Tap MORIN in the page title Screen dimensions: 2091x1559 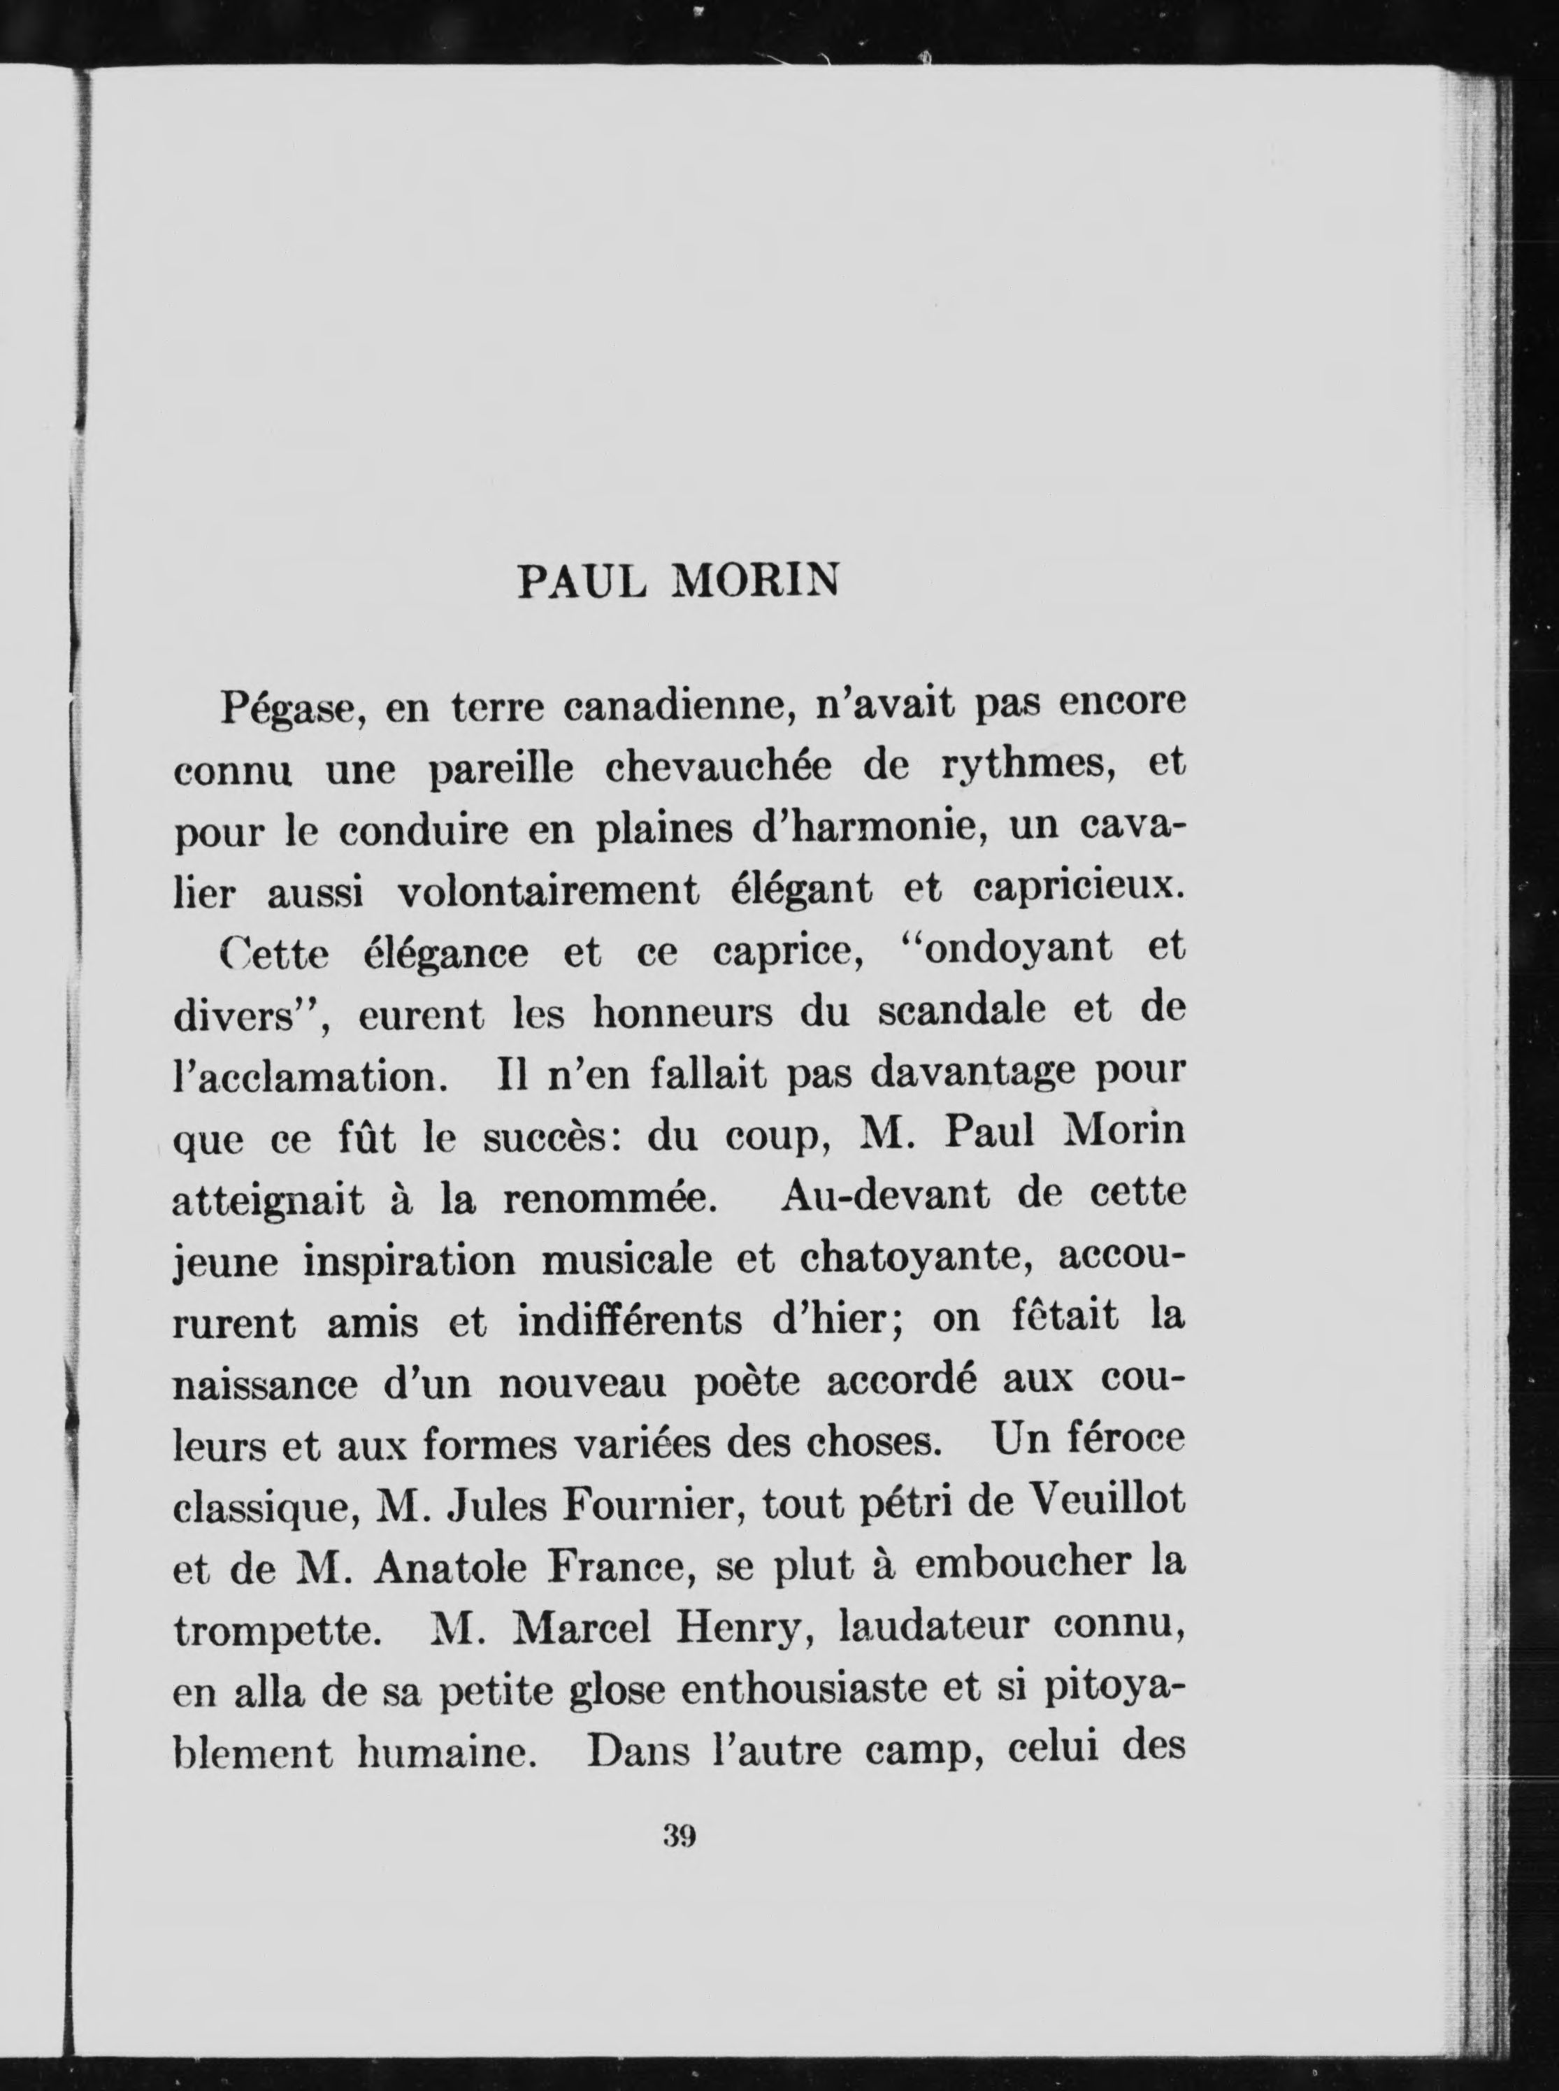click(x=754, y=583)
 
